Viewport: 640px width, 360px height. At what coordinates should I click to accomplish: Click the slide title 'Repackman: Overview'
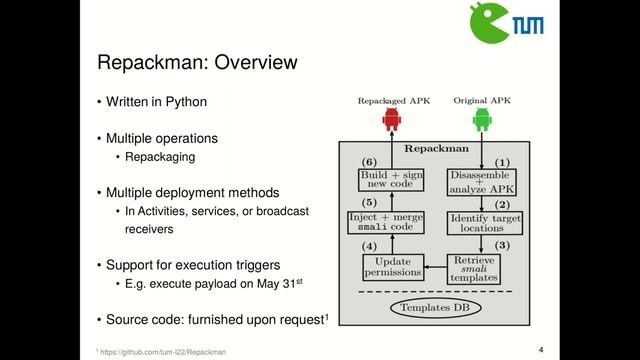[x=196, y=63]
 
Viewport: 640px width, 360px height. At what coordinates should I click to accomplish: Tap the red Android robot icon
[x=391, y=121]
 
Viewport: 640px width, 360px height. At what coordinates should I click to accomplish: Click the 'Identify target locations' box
[x=485, y=223]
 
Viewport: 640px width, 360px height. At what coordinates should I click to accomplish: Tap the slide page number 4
[x=541, y=349]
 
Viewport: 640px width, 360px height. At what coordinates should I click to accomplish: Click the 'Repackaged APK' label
[x=391, y=101]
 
